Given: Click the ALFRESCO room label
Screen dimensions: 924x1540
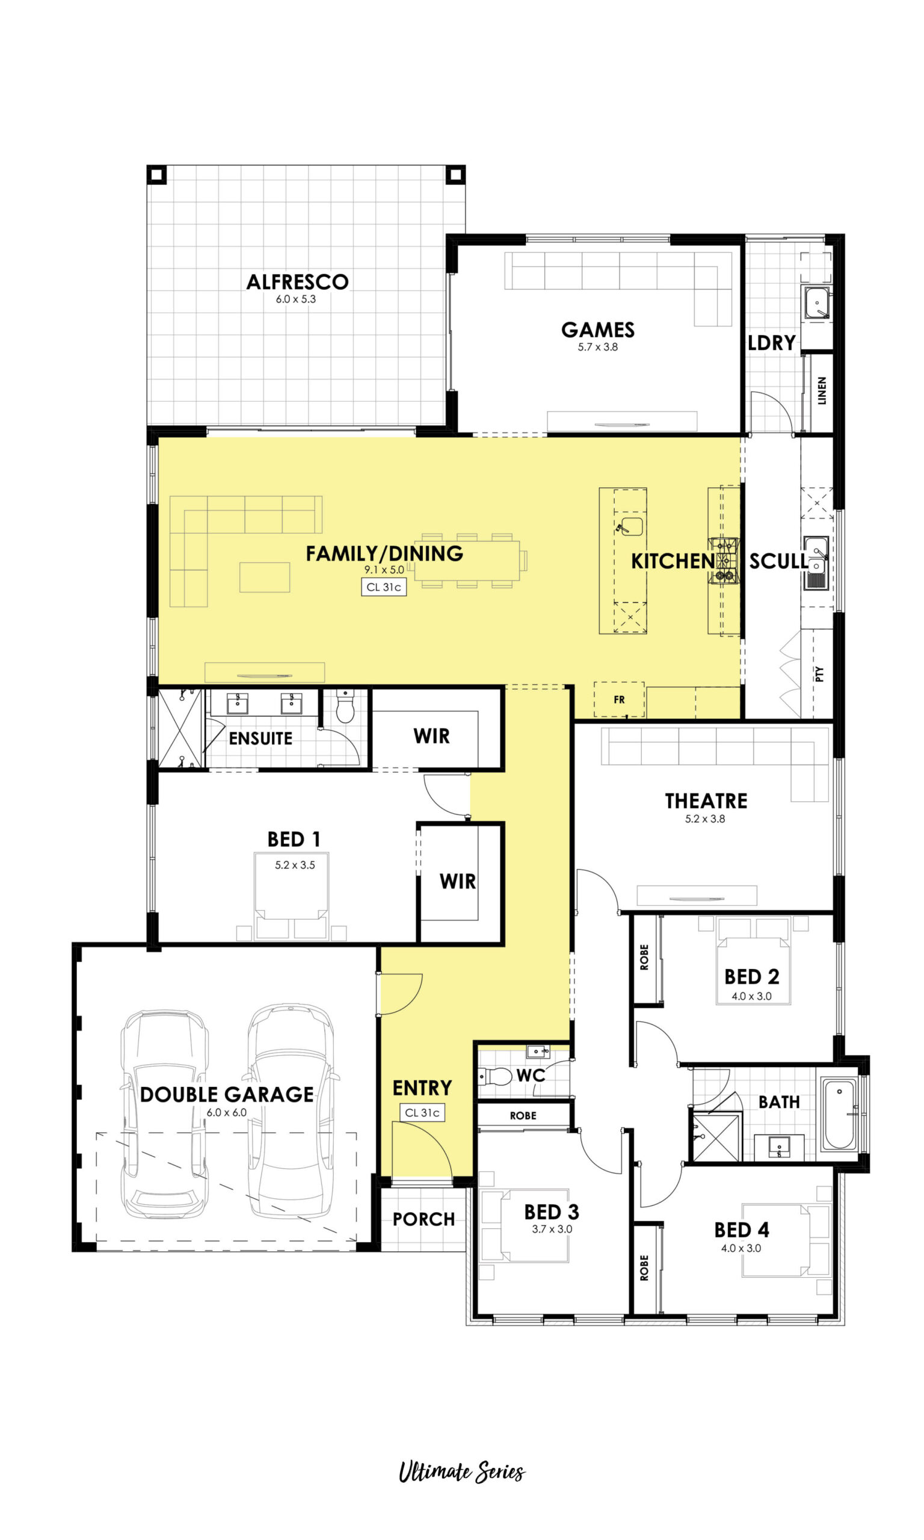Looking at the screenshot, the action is pyautogui.click(x=298, y=282).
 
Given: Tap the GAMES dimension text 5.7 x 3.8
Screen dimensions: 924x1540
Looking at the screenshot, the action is pyautogui.click(x=598, y=346).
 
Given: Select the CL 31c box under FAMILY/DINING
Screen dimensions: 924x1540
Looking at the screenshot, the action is pyautogui.click(x=384, y=587).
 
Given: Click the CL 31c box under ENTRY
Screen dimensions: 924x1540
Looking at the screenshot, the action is pyautogui.click(x=422, y=1112).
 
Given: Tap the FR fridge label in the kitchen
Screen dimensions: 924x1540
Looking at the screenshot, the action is pyautogui.click(x=619, y=700).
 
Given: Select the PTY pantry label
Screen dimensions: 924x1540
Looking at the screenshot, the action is pyautogui.click(x=819, y=674).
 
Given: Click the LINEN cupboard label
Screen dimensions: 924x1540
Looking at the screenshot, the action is pyautogui.click(x=822, y=390).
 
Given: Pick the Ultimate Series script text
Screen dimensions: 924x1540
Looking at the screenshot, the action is pyautogui.click(x=461, y=1472).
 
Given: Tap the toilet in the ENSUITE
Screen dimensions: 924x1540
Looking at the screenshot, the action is pyautogui.click(x=345, y=706).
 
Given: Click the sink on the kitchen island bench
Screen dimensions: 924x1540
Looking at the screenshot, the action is pyautogui.click(x=630, y=526).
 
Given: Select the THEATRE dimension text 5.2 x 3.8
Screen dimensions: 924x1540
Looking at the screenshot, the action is pyautogui.click(x=705, y=819).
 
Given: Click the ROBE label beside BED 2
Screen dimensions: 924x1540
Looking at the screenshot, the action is pyautogui.click(x=644, y=957).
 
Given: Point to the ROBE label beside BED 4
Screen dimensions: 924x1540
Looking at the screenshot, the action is pyautogui.click(x=644, y=1268).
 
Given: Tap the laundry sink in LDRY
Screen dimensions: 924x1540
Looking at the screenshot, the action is pyautogui.click(x=817, y=303).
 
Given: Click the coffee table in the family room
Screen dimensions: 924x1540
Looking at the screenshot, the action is pyautogui.click(x=265, y=577).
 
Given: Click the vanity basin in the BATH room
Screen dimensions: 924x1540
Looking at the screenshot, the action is pyautogui.click(x=779, y=1147).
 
